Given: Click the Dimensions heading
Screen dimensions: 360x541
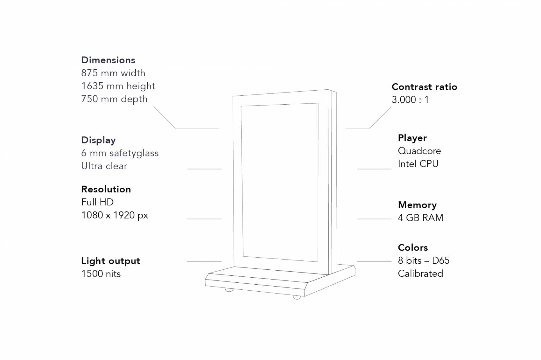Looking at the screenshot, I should pos(108,60).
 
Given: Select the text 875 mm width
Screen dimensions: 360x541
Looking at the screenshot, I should pos(113,73).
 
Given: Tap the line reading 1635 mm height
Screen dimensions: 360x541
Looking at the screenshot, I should pos(118,86).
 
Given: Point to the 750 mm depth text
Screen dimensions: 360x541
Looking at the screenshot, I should pos(114,99).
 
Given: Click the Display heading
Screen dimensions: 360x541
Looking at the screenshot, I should pos(98,140).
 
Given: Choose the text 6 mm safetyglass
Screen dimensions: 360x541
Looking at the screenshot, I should pos(120,153).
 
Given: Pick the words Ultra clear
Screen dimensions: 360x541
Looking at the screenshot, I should pos(104,166).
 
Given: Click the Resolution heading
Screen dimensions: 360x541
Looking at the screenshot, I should pos(106,189).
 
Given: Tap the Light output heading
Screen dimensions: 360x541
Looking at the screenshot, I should pos(110,261).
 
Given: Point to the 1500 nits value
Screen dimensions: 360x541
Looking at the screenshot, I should pos(101,274).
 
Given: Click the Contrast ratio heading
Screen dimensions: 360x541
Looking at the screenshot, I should pos(424,87).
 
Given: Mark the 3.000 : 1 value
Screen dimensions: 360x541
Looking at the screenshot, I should pos(410,100).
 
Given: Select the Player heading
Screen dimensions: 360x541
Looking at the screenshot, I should pos(412,138).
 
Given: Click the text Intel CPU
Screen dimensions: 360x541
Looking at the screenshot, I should pos(418,164).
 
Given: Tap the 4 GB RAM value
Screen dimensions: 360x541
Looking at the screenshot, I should pos(420,218).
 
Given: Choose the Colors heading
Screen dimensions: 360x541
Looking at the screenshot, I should pos(413,248).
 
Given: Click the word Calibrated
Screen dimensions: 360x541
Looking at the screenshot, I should pos(420,273).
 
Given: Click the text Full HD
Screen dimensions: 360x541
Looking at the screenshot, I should pos(97,202).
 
